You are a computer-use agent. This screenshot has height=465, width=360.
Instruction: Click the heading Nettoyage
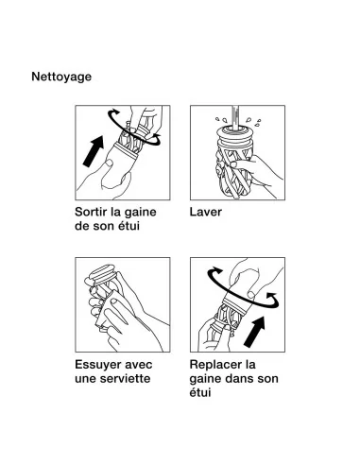coord(61,77)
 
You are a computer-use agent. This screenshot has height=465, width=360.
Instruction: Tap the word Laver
coord(206,212)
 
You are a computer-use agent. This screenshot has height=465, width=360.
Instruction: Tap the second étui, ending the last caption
coord(200,392)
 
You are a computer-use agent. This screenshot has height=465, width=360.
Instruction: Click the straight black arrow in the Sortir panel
coord(94,151)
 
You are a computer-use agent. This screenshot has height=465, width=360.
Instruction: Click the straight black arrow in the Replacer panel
coord(255,332)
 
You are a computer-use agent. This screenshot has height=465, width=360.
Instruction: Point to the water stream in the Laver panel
coord(235,117)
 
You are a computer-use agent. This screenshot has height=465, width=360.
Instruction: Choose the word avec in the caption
coord(139,365)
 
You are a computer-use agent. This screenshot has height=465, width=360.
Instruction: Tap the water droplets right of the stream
coord(253,122)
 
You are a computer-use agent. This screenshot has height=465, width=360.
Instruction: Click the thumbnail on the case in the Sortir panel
coord(110,164)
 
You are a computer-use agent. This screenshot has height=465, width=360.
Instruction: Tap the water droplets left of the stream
coord(221,120)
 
